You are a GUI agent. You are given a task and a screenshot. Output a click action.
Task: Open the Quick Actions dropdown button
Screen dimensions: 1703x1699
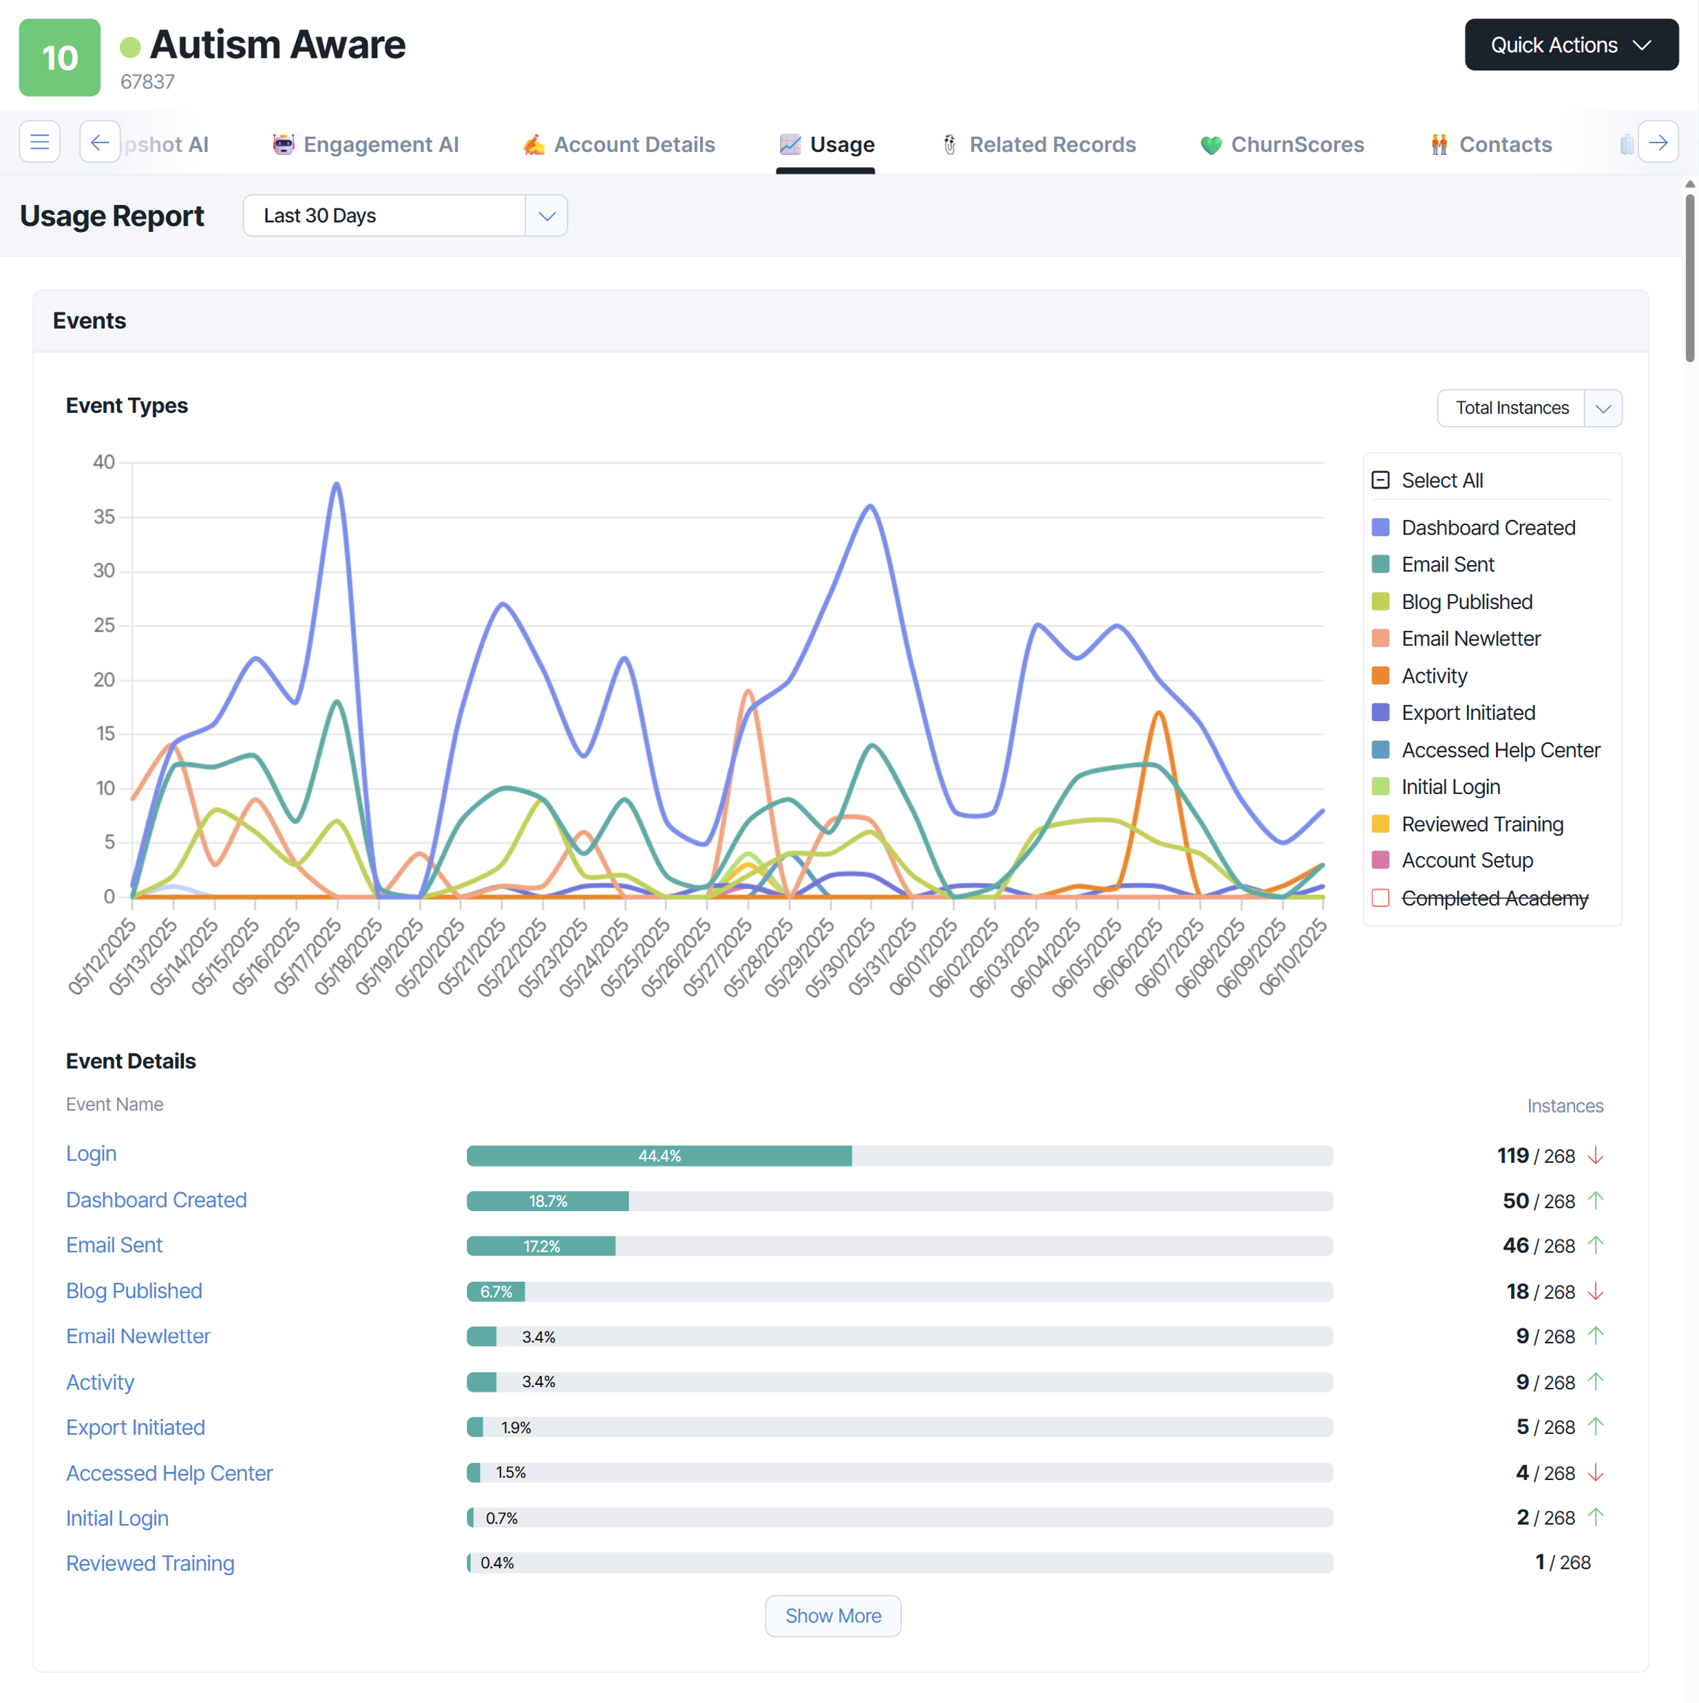pos(1570,45)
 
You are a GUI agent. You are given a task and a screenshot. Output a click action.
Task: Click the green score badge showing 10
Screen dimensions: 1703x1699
pos(60,58)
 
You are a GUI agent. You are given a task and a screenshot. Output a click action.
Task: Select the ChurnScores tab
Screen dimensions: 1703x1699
pos(1282,144)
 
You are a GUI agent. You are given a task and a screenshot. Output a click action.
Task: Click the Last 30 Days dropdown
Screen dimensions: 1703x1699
pos(405,216)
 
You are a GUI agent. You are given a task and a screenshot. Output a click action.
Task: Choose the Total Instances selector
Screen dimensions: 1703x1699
pos(1529,408)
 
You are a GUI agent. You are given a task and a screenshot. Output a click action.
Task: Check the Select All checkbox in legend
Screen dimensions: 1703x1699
pos(1381,480)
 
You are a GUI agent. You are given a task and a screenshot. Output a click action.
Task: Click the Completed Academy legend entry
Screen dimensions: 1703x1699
pos(1494,898)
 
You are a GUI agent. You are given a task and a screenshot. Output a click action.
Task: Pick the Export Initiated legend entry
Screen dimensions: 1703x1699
pos(1467,712)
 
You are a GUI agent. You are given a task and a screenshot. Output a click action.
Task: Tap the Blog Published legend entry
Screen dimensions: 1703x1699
pos(1466,602)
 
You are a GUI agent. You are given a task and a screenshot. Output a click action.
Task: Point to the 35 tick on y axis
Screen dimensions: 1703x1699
pos(104,517)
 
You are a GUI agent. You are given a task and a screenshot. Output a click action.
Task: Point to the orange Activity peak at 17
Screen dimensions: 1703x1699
pos(1159,713)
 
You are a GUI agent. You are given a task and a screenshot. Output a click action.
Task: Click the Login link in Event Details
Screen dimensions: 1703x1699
pos(91,1154)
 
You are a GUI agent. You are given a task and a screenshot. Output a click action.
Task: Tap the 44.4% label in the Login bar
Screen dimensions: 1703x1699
pos(659,1155)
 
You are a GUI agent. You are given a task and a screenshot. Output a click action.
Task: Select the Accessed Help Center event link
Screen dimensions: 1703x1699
pos(169,1473)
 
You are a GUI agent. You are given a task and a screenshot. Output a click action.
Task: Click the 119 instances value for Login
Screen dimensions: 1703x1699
pos(1512,1155)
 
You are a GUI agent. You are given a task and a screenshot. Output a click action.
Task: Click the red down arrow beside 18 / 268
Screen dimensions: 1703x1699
pos(1595,1292)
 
